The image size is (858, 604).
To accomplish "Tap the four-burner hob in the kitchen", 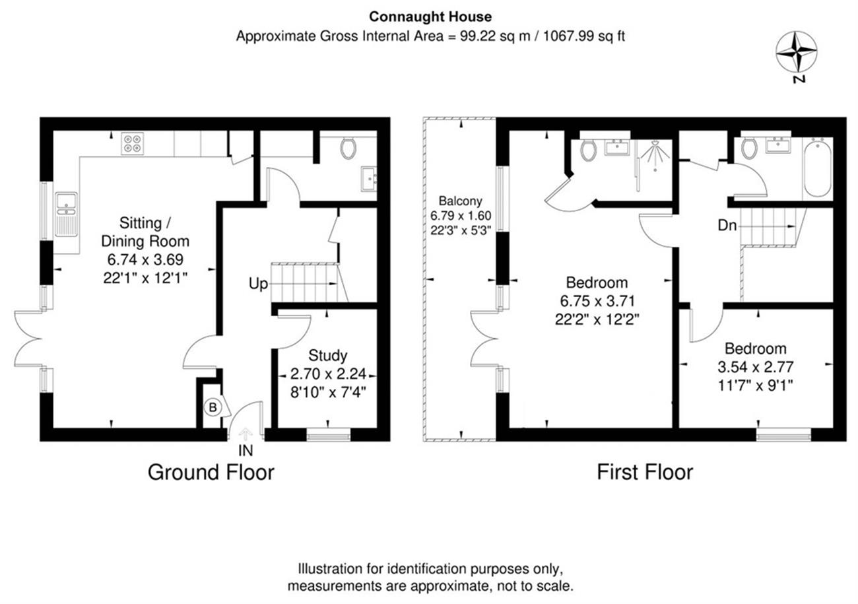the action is tap(132, 144).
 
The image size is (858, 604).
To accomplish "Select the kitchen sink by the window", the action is tap(66, 214).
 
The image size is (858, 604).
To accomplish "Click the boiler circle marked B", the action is tap(213, 407).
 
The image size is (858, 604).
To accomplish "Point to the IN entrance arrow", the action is tap(245, 434).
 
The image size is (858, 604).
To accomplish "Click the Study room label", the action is tap(328, 355).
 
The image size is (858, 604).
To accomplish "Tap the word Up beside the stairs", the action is tap(258, 284).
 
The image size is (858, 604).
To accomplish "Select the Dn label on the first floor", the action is tap(727, 225).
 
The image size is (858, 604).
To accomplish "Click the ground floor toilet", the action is tap(348, 149).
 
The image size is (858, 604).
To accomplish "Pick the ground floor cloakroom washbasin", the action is tap(369, 179).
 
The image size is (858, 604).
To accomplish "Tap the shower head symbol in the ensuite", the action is tap(655, 154).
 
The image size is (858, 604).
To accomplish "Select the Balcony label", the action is tap(461, 201).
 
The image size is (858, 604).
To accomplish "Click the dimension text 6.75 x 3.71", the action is tap(597, 301).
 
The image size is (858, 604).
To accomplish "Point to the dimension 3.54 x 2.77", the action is tap(755, 367).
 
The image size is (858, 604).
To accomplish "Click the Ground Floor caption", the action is tap(211, 472).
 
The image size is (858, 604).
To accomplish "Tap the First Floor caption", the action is tap(645, 472).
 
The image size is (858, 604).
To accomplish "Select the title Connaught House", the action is tap(430, 17).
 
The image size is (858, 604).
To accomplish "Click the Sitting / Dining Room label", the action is tap(145, 232).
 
